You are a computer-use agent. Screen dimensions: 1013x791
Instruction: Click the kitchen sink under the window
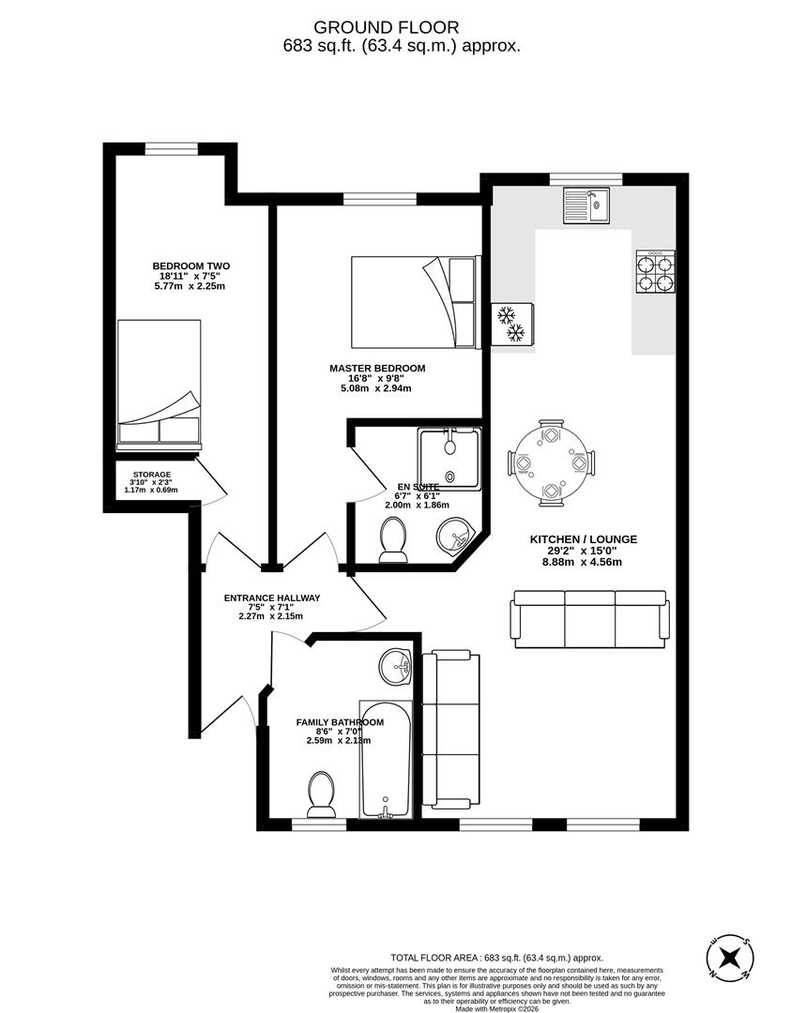(586, 205)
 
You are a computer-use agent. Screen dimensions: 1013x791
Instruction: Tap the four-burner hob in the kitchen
(655, 271)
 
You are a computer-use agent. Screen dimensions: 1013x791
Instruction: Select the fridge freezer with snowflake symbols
(512, 324)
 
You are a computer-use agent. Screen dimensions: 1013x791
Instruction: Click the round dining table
(552, 463)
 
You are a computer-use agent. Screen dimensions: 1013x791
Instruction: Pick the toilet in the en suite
(393, 542)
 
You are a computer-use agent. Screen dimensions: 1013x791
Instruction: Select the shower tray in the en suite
(449, 459)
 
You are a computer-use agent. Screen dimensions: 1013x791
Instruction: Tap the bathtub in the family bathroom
(386, 760)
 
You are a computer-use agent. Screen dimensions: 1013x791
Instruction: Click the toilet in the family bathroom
(321, 795)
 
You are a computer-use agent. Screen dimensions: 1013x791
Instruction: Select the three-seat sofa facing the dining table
(590, 618)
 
